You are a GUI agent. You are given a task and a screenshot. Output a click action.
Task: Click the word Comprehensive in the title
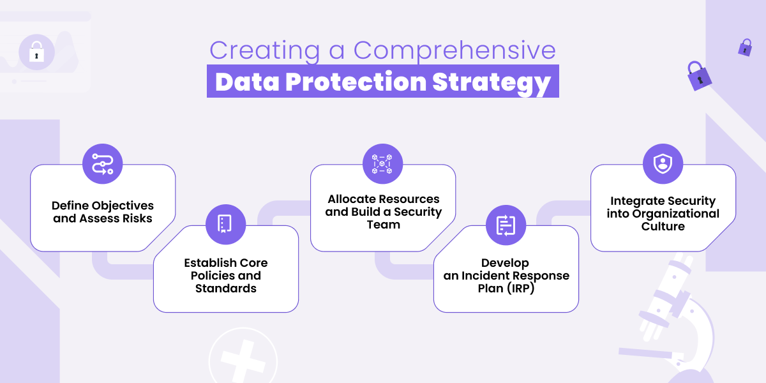point(454,51)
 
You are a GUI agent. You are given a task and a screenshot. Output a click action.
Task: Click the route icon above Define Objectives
point(102,164)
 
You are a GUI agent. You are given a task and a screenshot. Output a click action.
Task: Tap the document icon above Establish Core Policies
point(225,224)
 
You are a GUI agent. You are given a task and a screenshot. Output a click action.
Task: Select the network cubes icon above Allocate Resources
point(382,164)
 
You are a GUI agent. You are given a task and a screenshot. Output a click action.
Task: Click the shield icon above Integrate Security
point(663,164)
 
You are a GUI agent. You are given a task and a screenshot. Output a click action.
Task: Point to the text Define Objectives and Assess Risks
point(103,212)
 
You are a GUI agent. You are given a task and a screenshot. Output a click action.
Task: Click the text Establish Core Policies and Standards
point(225,276)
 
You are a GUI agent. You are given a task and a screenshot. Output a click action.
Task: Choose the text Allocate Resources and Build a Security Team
point(383,212)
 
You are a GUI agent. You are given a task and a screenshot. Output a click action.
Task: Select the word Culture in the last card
point(663,227)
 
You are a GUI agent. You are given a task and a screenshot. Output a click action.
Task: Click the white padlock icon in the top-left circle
point(36,51)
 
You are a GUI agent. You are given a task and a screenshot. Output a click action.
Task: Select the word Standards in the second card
point(225,289)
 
